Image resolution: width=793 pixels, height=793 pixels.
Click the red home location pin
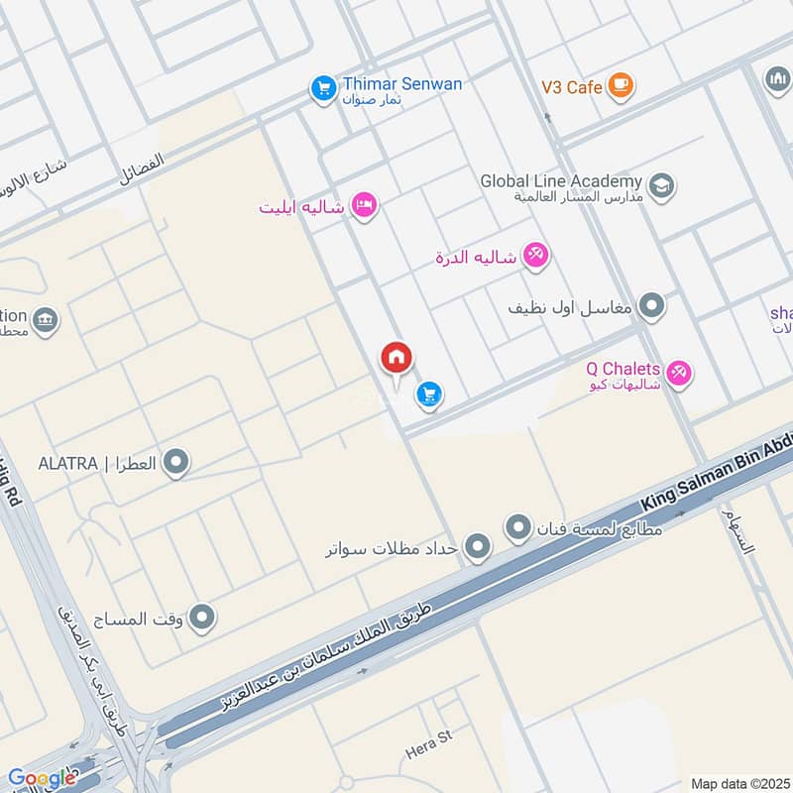(396, 359)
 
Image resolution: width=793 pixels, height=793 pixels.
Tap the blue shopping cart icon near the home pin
(429, 395)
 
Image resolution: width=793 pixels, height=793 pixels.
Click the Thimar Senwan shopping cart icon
(323, 88)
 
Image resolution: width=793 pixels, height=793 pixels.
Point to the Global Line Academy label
(561, 181)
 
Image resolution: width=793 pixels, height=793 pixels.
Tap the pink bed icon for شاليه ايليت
(364, 206)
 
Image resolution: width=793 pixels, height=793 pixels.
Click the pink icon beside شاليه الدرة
(535, 256)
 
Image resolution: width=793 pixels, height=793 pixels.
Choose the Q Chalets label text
(623, 369)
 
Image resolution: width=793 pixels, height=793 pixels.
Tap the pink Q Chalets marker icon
(679, 373)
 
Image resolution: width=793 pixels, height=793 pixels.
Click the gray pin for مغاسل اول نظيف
(651, 306)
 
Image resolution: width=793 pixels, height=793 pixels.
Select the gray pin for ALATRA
(175, 462)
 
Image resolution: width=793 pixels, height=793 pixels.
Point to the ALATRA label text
(97, 463)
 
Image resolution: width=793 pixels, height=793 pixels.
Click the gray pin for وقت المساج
(203, 619)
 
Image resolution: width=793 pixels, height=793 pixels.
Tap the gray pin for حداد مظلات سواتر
(478, 546)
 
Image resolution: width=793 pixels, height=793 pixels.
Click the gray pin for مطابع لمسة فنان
(518, 527)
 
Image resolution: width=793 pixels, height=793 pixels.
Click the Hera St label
(428, 745)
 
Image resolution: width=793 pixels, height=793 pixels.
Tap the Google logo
(42, 778)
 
